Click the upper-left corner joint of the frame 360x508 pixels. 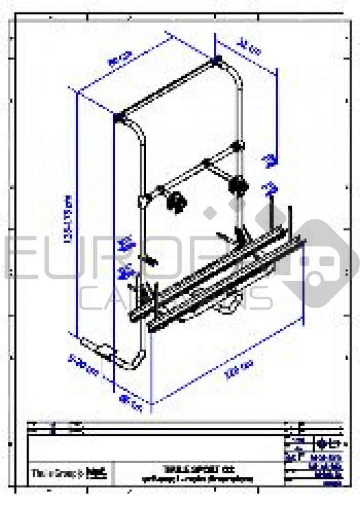(120, 118)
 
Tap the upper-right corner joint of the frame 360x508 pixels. (217, 61)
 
